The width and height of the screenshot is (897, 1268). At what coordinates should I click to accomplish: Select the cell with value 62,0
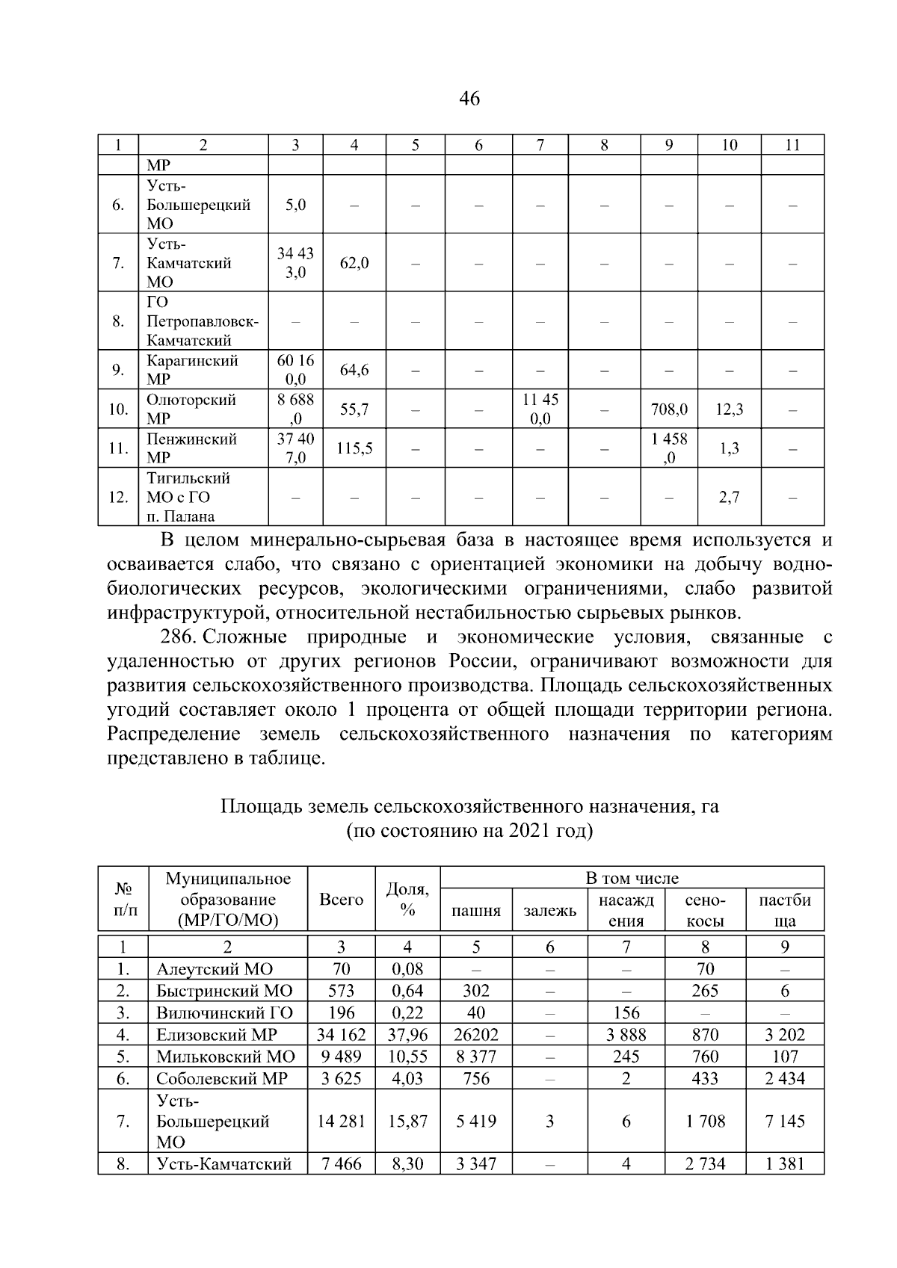(x=354, y=263)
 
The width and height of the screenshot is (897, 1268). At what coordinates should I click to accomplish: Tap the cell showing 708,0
(x=668, y=409)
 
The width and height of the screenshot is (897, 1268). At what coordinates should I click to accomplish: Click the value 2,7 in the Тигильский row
(x=729, y=497)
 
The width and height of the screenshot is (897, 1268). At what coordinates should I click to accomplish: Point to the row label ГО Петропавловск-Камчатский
(x=202, y=321)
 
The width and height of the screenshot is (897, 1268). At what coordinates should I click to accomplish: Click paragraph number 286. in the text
(x=178, y=637)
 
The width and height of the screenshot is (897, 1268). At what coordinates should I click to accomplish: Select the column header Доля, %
(x=407, y=899)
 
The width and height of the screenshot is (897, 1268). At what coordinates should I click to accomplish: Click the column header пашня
(x=476, y=911)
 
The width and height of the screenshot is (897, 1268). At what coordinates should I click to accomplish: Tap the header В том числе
(x=632, y=878)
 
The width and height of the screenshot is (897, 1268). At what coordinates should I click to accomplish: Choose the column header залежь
(x=549, y=911)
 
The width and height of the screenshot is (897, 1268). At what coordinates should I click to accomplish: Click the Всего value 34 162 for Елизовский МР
(x=341, y=1035)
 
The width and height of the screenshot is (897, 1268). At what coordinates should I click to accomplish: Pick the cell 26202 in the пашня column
(x=476, y=1035)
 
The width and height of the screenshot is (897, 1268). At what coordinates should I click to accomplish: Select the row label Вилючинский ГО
(x=224, y=1013)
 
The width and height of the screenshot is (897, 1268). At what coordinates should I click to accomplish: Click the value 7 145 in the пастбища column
(x=785, y=1122)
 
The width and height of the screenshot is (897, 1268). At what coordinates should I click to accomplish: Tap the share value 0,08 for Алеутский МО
(x=407, y=970)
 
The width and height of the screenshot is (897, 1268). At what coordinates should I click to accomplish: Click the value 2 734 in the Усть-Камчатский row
(x=705, y=1164)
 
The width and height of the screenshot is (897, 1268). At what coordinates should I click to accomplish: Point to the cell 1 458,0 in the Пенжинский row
(x=668, y=448)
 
